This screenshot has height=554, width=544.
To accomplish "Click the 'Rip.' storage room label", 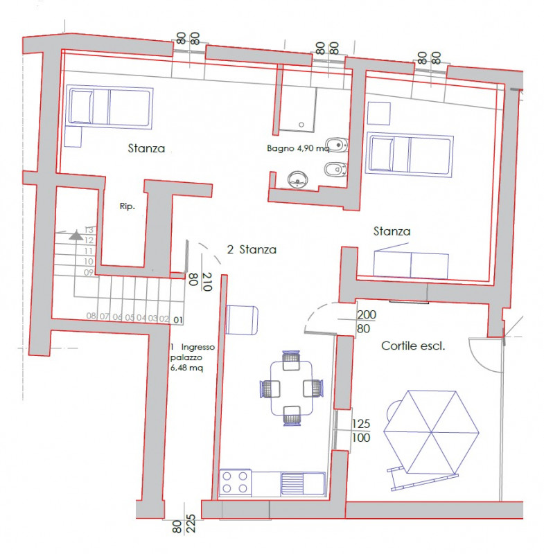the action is tap(128, 206).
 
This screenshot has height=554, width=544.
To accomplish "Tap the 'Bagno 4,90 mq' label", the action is tap(298, 148).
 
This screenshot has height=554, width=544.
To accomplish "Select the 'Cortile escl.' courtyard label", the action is tap(413, 346).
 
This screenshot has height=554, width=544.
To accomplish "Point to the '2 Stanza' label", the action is tap(252, 250).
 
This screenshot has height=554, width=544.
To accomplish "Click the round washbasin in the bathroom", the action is tap(297, 179).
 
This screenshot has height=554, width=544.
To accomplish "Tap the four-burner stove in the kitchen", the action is tap(235, 482).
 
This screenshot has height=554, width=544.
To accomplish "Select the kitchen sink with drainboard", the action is tap(303, 483).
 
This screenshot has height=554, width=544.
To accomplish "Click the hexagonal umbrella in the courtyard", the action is tap(431, 431).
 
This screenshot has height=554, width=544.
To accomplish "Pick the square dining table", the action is tap(292, 388).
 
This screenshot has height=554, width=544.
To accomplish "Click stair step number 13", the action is tap(89, 230).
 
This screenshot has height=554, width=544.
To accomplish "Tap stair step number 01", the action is tap(178, 320).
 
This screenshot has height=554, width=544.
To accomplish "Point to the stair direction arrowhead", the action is tap(76, 235).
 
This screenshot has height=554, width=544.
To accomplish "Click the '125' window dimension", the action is tap(361, 424).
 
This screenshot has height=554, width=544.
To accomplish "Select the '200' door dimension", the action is tap(367, 314).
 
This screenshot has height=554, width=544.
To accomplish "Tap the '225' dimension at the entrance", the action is tap(191, 524).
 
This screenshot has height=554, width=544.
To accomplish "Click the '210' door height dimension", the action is tap(207, 282).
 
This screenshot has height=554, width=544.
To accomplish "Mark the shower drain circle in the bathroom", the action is tap(301, 125).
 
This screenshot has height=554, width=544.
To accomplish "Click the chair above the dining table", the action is tap(291, 361).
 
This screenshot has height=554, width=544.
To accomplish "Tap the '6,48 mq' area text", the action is tap(186, 368).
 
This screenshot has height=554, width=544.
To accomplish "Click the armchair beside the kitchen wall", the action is tap(242, 320).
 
